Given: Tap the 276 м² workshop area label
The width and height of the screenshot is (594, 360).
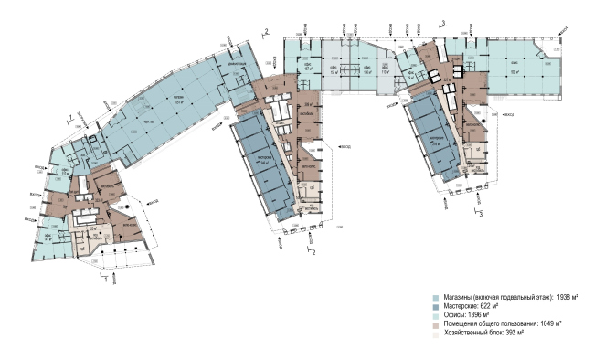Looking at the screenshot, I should [x=424, y=143].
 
